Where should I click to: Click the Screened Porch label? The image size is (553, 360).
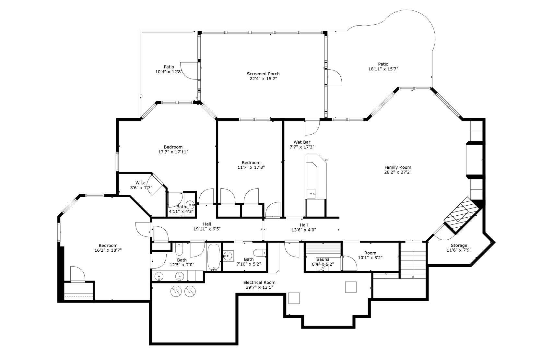pos(263,74)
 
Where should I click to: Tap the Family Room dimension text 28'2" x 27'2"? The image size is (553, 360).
pos(398,172)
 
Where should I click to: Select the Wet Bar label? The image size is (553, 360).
pos(302,142)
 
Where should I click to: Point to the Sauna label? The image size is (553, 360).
pos(323,259)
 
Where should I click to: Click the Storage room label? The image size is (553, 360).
pos(459,246)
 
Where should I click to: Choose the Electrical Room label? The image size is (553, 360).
pos(259,282)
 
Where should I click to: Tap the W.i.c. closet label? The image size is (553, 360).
pos(141,183)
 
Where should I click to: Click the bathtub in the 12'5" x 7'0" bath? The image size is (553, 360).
pos(214,257)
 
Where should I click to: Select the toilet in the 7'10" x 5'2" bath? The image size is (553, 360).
pos(260,253)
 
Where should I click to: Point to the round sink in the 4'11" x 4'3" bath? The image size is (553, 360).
pos(190,205)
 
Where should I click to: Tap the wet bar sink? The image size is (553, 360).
pos(311,194)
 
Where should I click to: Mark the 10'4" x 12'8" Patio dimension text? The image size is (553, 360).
pos(169,72)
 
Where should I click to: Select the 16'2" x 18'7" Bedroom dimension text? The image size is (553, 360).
pos(108,250)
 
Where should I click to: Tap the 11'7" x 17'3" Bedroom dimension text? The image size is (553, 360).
pos(251,167)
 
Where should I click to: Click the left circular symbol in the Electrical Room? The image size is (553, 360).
pos(176,291)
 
